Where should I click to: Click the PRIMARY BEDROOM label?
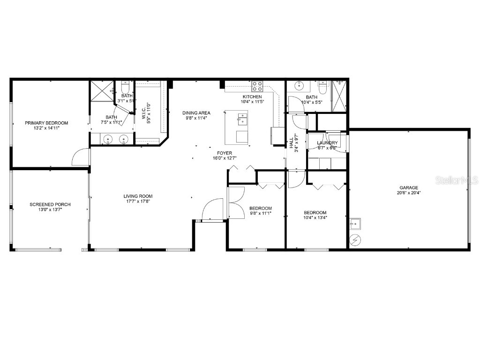pos(46,123)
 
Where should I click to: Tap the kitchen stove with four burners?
pos(257,86)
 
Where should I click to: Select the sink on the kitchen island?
pos(242,119)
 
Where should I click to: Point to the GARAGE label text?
pos(409,187)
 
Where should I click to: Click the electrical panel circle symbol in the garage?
pos(356,239)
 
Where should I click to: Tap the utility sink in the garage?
pos(355,223)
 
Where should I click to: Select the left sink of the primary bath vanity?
pos(108,139)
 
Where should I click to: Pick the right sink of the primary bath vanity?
pos(124,139)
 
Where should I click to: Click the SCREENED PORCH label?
pos(50,204)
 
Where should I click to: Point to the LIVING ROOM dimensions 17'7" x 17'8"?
pos(138,202)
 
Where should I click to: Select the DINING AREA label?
pos(196,112)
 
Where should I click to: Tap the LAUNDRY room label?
pos(327,142)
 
